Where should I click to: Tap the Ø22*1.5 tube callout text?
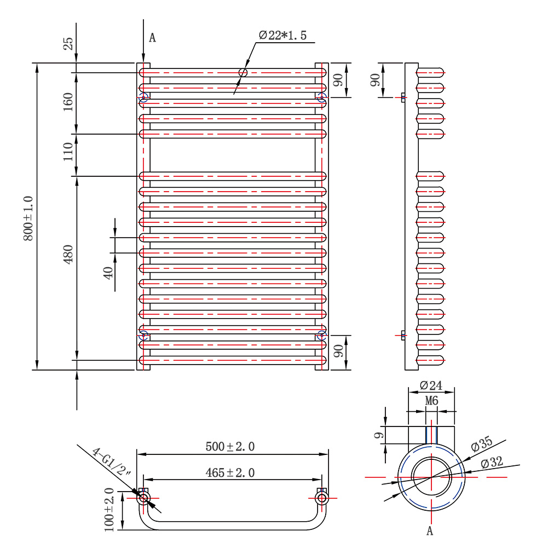(x=282, y=36)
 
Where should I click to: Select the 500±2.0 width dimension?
(x=230, y=447)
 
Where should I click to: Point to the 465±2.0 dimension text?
(x=230, y=472)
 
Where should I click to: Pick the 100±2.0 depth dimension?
(x=109, y=509)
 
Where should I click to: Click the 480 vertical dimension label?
(x=68, y=255)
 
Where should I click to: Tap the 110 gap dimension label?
(x=68, y=152)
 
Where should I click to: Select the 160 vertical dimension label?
(x=68, y=102)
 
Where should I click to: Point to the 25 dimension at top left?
(x=68, y=44)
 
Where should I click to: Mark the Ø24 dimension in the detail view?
(x=431, y=385)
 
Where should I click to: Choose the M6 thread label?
(x=432, y=401)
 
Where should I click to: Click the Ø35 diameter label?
(x=482, y=444)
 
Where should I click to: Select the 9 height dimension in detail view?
(x=378, y=436)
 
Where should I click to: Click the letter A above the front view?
(x=152, y=38)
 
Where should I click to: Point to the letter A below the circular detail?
(x=430, y=530)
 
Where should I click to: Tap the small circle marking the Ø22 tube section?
(x=243, y=72)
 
